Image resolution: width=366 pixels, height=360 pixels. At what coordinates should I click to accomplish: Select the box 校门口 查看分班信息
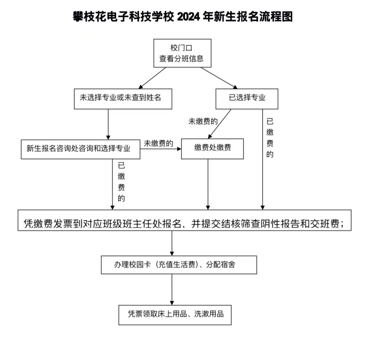[x=182, y=53]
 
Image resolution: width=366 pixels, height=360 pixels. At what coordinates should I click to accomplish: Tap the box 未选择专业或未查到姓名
[x=123, y=99]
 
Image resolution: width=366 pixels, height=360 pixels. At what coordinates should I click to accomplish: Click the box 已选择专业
[x=247, y=99]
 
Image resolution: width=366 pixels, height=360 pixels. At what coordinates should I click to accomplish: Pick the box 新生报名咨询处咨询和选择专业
[x=81, y=149]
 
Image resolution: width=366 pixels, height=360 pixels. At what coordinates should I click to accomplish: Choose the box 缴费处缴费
[x=212, y=148]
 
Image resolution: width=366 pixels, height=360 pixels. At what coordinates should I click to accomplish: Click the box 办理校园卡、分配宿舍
[x=179, y=265]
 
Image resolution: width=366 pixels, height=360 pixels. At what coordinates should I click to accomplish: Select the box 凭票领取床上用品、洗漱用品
[x=175, y=315]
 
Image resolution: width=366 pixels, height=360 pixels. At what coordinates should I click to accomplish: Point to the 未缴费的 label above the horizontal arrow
[x=158, y=143]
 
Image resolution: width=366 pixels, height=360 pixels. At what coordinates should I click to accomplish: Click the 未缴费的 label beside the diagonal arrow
[x=203, y=122]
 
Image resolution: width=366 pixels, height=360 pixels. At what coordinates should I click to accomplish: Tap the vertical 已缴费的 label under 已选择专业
[x=270, y=138]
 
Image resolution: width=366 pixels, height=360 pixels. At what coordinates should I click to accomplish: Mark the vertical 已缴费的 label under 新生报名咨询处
[x=121, y=182]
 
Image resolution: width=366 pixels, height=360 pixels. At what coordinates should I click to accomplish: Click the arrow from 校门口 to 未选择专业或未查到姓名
[x=152, y=78]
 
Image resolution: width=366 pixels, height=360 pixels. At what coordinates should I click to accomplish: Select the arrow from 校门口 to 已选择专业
[x=219, y=78]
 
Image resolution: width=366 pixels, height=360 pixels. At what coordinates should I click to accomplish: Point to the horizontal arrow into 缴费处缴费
[x=161, y=148]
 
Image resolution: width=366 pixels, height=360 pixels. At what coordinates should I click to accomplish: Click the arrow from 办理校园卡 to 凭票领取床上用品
[x=172, y=289]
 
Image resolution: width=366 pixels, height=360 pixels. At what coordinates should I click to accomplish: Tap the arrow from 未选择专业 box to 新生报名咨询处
[x=108, y=124]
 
